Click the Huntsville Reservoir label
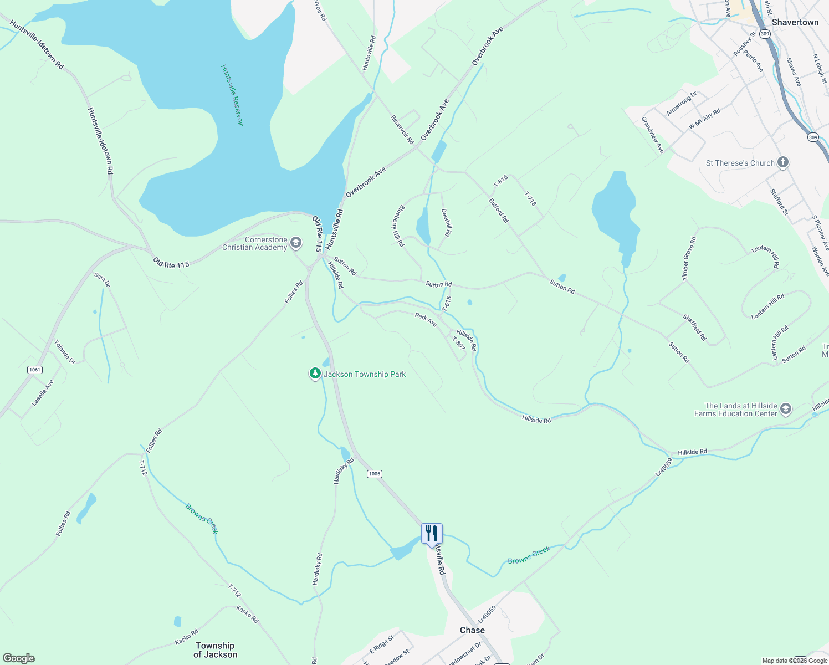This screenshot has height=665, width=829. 232,95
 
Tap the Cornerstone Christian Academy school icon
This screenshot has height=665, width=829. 296,243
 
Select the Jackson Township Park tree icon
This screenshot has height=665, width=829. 315,374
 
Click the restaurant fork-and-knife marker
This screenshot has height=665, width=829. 432,534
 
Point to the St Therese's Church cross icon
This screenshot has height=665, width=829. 782,162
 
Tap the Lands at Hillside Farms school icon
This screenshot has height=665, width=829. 785,410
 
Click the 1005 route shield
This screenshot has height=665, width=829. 375,474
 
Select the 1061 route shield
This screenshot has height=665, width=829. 34,370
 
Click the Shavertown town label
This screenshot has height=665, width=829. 795,22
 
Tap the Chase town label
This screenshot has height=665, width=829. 472,630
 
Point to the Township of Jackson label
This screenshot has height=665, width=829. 215,650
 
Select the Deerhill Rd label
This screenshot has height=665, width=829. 445,223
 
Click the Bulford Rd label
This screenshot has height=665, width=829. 499,211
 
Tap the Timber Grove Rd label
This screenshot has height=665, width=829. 689,258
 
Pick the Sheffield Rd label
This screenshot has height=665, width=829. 695,328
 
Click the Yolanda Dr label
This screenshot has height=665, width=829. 64,352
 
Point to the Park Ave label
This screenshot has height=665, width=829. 426,319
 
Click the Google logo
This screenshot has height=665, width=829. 18,658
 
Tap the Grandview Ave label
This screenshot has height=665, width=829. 653,135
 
